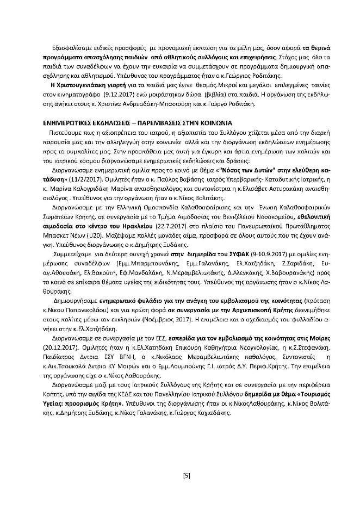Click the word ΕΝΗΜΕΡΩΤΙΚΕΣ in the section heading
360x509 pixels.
click(x=72, y=123)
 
